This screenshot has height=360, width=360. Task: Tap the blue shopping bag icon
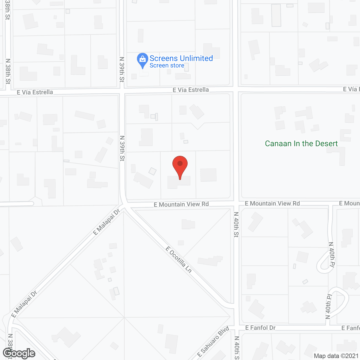[x=143, y=59]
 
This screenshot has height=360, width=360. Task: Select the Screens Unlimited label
[x=181, y=58]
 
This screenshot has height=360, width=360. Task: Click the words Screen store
[x=167, y=66]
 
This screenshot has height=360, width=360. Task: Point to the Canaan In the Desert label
[x=301, y=143]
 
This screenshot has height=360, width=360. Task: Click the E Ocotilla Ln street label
[x=179, y=259]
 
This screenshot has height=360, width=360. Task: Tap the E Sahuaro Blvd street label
[x=213, y=341]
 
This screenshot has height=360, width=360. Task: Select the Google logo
[x=19, y=353]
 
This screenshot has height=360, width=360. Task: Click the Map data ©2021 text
[x=336, y=356]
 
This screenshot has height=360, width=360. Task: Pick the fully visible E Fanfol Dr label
[x=260, y=328]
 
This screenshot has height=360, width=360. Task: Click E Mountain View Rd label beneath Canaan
[x=272, y=203]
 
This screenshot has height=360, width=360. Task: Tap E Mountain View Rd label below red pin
[x=181, y=204]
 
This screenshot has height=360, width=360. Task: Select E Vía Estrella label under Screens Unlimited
[x=191, y=90]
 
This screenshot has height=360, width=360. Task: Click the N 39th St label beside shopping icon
[x=122, y=69]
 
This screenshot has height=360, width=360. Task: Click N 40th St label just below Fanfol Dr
[x=237, y=348]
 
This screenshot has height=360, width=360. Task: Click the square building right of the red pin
[x=208, y=175]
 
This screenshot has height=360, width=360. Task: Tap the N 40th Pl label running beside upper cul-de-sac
[x=332, y=255]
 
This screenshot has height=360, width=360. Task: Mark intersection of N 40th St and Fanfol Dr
[x=237, y=328]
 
